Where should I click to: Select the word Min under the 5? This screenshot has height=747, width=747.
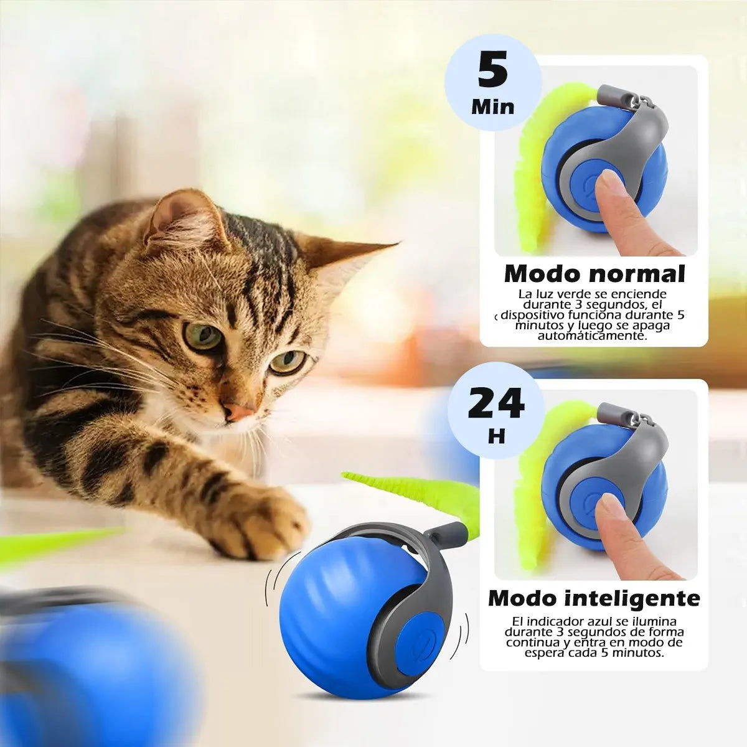point(493,106)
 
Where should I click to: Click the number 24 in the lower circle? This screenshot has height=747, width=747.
point(496,403)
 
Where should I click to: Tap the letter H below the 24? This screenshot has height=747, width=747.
point(496,437)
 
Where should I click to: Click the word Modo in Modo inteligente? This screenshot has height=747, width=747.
point(524,598)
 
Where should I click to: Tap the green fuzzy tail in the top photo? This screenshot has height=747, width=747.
point(529,174)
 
